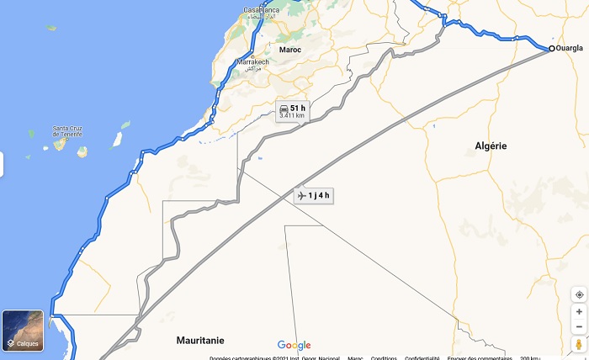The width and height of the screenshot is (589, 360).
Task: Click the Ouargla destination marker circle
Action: pyautogui.click(x=552, y=49)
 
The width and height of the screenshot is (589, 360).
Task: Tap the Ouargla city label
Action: pyautogui.click(x=570, y=48)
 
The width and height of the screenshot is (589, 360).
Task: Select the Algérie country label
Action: pyautogui.click(x=491, y=146)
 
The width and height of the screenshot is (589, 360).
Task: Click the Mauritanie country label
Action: pyautogui.click(x=200, y=340)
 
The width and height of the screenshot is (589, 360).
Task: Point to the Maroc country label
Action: pyautogui.click(x=290, y=50)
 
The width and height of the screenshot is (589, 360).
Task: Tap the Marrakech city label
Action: pyautogui.click(x=252, y=63)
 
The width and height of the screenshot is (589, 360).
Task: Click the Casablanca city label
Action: pyautogui.click(x=261, y=10)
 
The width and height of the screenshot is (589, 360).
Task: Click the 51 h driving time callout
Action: pyautogui.click(x=292, y=111)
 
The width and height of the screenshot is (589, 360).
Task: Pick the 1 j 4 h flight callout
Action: pyautogui.click(x=314, y=196)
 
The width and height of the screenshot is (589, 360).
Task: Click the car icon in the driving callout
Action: pyautogui.click(x=284, y=109)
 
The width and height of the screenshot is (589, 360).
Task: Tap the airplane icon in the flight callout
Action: pyautogui.click(x=302, y=196)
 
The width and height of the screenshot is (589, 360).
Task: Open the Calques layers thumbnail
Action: pyautogui.click(x=23, y=331)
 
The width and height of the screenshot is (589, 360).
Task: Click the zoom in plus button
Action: pyautogui.click(x=579, y=311)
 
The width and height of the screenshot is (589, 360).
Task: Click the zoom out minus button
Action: pyautogui.click(x=579, y=326)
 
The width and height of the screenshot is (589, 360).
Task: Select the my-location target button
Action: pyautogui.click(x=579, y=294)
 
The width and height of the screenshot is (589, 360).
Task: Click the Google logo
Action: pyautogui.click(x=294, y=345)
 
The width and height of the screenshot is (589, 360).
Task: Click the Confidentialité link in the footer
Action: pyautogui.click(x=422, y=357)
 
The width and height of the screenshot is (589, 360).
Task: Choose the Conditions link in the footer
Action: pyautogui.click(x=384, y=357)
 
